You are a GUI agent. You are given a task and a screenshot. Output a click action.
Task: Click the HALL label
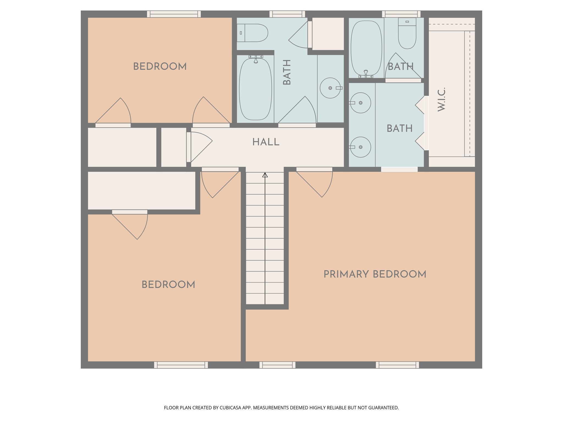266,142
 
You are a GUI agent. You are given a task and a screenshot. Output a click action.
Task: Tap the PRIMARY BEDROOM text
375,274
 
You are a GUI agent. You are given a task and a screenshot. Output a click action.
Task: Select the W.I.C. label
441,99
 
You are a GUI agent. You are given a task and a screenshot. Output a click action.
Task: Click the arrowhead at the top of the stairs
265,175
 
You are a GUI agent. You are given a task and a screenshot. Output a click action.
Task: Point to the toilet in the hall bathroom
252,33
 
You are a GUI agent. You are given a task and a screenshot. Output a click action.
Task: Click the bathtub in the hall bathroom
255,89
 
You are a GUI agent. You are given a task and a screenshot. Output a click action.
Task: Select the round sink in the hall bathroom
330,88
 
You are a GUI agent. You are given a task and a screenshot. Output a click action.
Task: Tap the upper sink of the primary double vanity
360,103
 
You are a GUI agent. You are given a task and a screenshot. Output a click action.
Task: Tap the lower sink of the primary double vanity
360,147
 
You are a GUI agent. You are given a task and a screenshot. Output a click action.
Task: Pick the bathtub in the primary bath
366,48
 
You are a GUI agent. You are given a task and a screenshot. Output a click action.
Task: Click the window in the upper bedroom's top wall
174,14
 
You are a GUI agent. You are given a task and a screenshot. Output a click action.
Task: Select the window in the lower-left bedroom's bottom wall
181,365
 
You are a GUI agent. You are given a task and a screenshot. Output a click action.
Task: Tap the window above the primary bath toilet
401,14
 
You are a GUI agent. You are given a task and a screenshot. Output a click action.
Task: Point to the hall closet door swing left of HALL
200,146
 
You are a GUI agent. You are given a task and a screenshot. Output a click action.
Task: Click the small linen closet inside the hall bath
328,34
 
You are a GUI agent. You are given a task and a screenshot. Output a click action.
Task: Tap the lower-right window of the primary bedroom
397,365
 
